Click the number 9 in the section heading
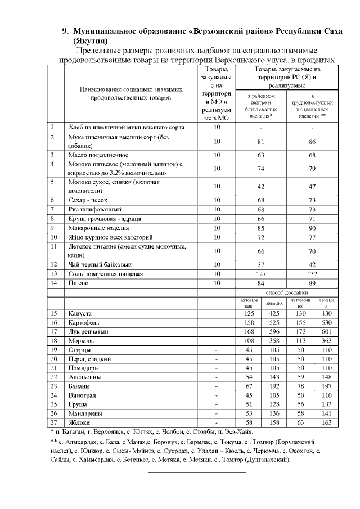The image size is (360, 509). click(64, 30)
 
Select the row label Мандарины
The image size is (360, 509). click(85, 413)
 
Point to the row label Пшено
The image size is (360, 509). click(78, 283)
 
